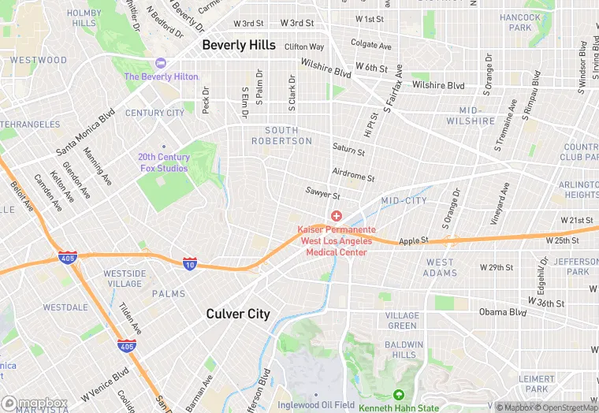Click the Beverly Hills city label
point(240,45)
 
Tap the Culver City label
point(238,314)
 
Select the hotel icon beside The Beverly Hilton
point(162,63)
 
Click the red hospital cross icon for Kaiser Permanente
point(337,215)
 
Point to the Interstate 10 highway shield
point(189,263)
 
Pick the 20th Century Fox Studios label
point(163,162)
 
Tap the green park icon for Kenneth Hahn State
point(399,395)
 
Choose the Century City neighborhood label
point(154,113)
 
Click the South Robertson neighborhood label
point(281,136)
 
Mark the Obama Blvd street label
point(502,312)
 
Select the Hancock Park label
point(520,22)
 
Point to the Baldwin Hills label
point(404,350)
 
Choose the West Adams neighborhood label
point(441,268)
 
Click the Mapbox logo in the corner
point(35,404)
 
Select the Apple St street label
point(413,240)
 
